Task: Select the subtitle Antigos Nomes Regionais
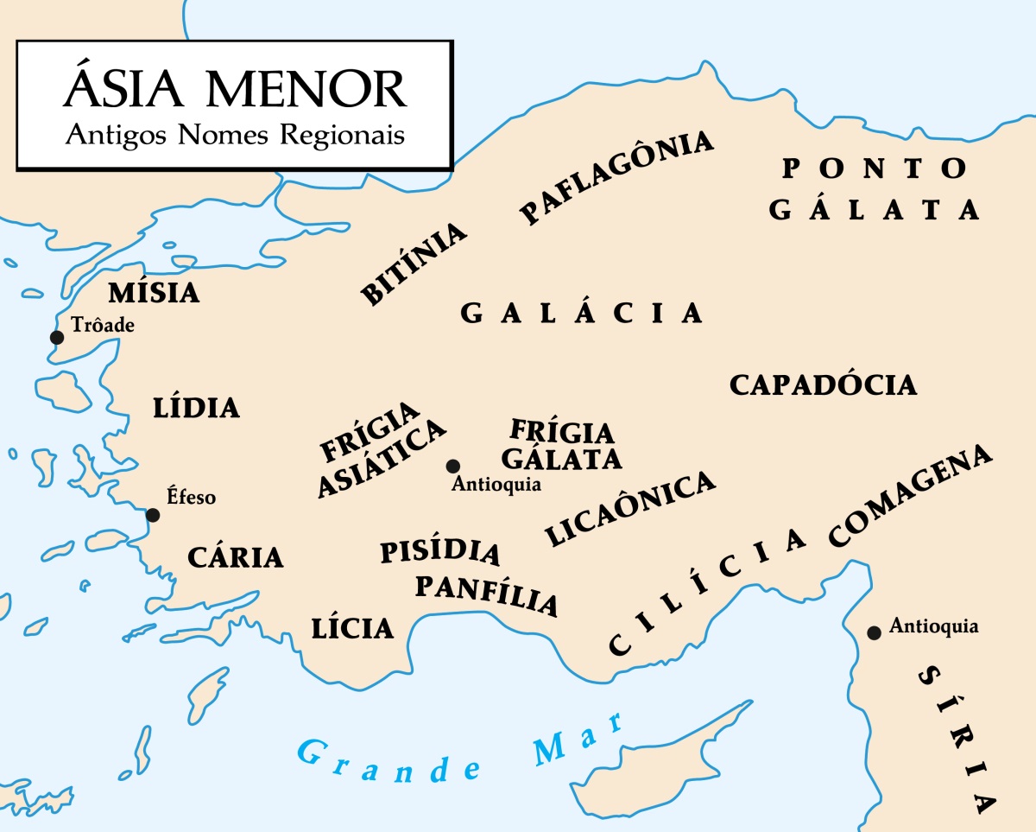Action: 234,136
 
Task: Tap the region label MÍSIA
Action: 154,292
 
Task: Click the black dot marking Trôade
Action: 57,337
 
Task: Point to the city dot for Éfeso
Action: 153,515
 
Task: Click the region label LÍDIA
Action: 196,407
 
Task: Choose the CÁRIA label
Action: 236,557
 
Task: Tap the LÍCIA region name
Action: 352,628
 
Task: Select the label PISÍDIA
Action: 439,551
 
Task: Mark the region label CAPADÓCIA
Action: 823,384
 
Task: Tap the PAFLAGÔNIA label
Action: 616,177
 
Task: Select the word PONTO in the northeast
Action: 875,168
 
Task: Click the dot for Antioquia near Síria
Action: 874,633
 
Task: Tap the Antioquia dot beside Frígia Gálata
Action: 452,467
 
